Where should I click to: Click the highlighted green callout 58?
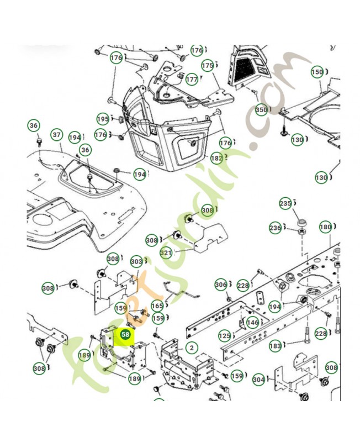[x=126, y=334]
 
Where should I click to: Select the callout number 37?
[x=56, y=134]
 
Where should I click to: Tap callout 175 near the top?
[x=207, y=66]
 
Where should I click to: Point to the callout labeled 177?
[x=191, y=79]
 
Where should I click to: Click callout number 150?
[x=317, y=71]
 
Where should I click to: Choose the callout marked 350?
[x=261, y=110]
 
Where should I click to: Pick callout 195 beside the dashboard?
[x=103, y=119]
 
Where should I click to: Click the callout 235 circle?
[x=285, y=203]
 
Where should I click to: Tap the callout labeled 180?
[x=325, y=227]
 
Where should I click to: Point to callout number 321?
[x=166, y=252]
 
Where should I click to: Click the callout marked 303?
[x=136, y=261]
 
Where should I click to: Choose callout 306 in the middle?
[x=220, y=285]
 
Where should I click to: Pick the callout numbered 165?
[x=157, y=305]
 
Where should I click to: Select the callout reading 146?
[x=252, y=322]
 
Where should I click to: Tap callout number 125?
[x=224, y=335]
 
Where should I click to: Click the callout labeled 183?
[x=275, y=346]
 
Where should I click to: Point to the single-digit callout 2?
[x=191, y=348]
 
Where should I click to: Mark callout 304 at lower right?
[x=259, y=380]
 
